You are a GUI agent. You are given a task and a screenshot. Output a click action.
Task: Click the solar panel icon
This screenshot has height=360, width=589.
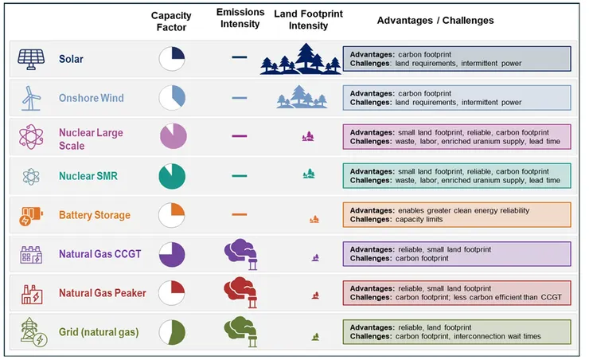tap(30, 59)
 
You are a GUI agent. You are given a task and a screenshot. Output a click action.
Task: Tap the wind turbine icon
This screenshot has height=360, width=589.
tap(30, 98)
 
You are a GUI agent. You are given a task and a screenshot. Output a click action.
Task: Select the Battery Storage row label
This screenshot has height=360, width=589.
tap(94, 215)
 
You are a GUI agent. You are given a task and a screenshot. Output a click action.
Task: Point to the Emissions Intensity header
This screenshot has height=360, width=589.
tap(238, 18)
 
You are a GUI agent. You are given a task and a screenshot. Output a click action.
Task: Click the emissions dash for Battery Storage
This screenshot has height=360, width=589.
tap(239, 215)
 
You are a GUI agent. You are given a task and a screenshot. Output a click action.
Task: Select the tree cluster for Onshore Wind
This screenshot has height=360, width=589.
tap(302, 97)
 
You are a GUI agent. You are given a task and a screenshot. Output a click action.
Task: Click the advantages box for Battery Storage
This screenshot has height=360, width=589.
tap(457, 215)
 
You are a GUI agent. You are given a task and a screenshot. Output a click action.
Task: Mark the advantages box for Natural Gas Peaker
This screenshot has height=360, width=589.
tap(457, 292)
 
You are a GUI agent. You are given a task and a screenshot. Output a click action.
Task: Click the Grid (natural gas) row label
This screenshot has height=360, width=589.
tap(102, 331)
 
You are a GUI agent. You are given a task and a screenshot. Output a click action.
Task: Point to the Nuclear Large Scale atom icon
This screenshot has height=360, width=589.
tap(30, 137)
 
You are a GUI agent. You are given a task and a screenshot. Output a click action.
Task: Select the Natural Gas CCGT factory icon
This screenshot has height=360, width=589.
tap(30, 254)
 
